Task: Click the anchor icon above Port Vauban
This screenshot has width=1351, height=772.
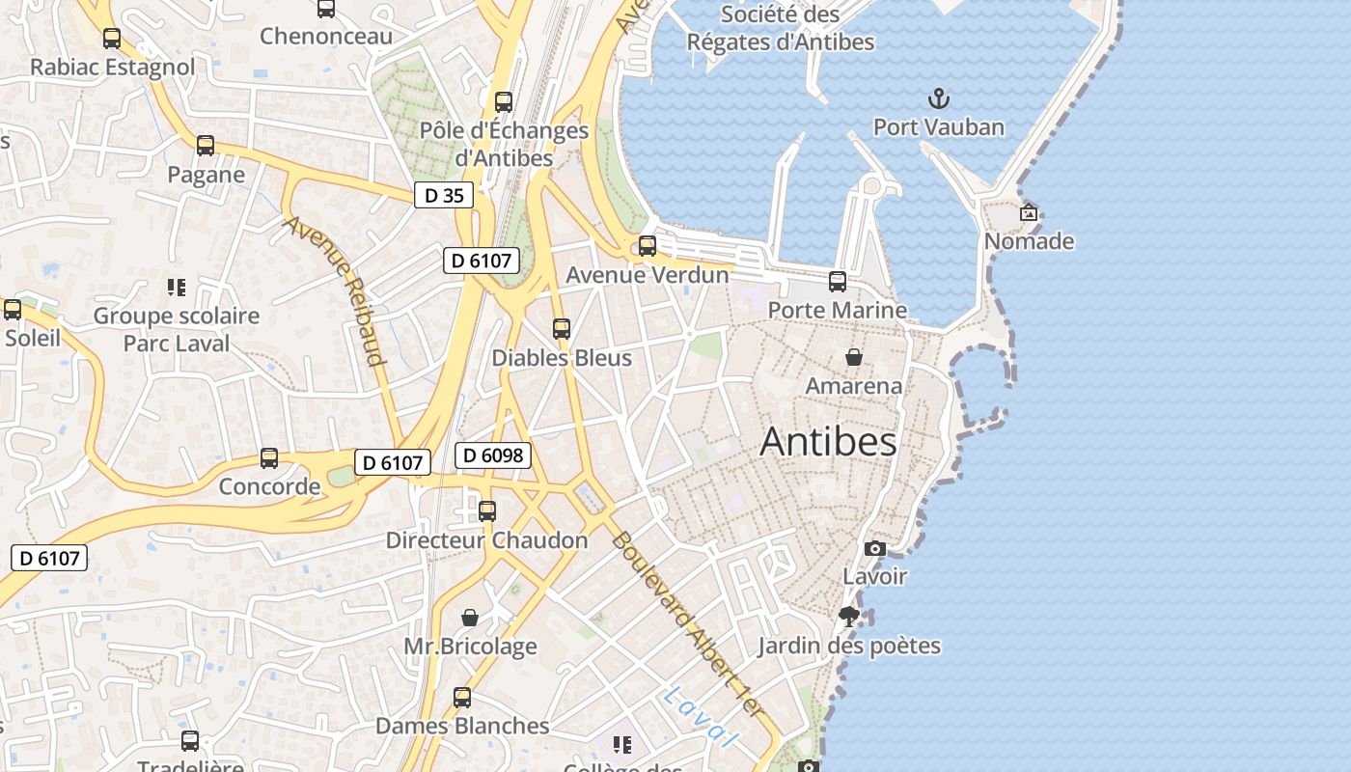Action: pyautogui.click(x=938, y=98)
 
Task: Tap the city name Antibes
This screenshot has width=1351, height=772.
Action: pyautogui.click(x=828, y=442)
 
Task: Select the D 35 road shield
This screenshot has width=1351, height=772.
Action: pyautogui.click(x=444, y=196)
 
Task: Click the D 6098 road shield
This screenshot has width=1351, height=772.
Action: pyautogui.click(x=493, y=455)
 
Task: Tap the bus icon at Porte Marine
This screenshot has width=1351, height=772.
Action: pyautogui.click(x=838, y=282)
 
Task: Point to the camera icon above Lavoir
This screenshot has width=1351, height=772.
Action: pyautogui.click(x=874, y=548)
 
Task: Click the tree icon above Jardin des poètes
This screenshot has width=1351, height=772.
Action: pyautogui.click(x=849, y=617)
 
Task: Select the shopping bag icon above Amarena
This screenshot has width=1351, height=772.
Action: pyautogui.click(x=854, y=357)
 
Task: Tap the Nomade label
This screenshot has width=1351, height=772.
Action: pyautogui.click(x=1029, y=241)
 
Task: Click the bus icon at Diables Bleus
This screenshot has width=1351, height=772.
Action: pyautogui.click(x=562, y=329)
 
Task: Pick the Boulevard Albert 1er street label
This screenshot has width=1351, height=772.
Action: pyautogui.click(x=687, y=625)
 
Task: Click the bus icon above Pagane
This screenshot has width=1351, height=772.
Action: pyautogui.click(x=206, y=146)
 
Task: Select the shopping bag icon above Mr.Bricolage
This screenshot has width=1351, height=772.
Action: pyautogui.click(x=470, y=618)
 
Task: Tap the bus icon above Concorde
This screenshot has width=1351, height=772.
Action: pyautogui.click(x=269, y=458)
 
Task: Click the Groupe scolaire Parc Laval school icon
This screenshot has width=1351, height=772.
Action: pyautogui.click(x=176, y=287)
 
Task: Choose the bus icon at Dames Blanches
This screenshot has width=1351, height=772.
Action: pyautogui.click(x=462, y=698)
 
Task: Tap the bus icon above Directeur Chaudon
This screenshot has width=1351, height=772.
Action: pyautogui.click(x=487, y=511)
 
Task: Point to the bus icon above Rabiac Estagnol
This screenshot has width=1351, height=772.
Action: pyautogui.click(x=112, y=39)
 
